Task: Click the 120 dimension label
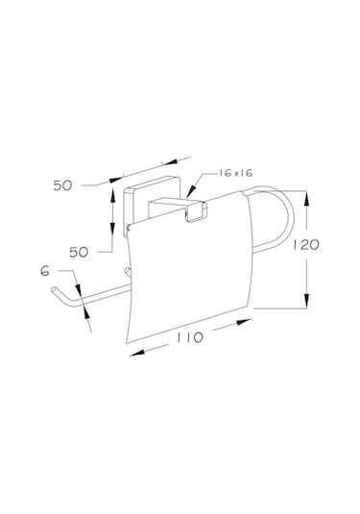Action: (305, 245)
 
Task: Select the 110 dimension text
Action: (190, 337)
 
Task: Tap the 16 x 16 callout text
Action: (236, 173)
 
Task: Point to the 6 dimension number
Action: (45, 271)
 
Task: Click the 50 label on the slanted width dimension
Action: (62, 185)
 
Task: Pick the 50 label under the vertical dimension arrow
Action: (79, 252)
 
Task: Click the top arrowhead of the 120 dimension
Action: (306, 199)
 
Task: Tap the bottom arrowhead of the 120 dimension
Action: (306, 301)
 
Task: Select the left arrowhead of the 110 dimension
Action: (137, 353)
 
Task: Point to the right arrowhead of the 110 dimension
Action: (244, 322)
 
